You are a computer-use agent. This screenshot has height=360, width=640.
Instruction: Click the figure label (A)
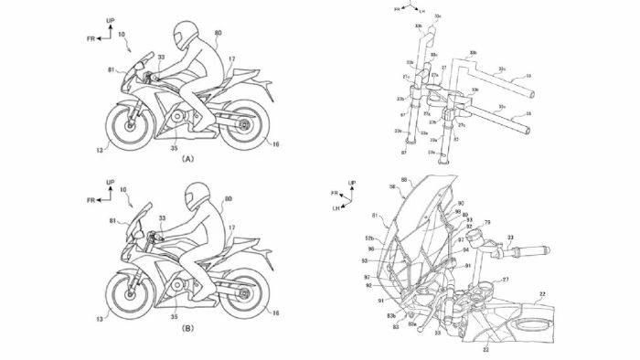(x=187, y=158)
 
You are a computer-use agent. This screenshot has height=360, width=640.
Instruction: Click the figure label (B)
(x=187, y=326)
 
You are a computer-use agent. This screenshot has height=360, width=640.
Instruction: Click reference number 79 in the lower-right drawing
(x=514, y=222)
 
